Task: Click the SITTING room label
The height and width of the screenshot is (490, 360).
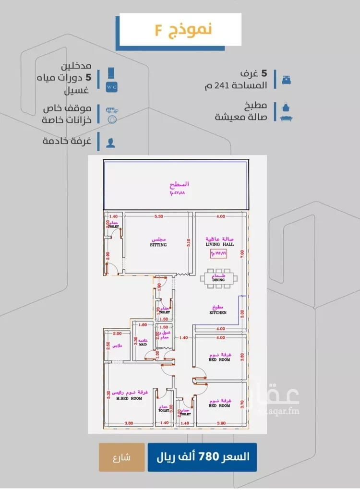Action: pyautogui.click(x=157, y=245)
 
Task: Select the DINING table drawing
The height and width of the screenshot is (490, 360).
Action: pyautogui.click(x=219, y=278)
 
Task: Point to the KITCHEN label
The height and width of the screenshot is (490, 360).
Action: pyautogui.click(x=217, y=312)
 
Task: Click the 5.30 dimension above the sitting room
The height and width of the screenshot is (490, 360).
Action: pyautogui.click(x=159, y=217)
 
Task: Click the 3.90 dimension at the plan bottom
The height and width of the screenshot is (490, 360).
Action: pyautogui.click(x=221, y=423)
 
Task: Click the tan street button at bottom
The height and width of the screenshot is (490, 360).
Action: pyautogui.click(x=121, y=457)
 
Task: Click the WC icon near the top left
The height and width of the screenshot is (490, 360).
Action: pyautogui.click(x=111, y=87)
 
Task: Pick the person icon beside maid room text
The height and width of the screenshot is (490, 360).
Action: pyautogui.click(x=111, y=142)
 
